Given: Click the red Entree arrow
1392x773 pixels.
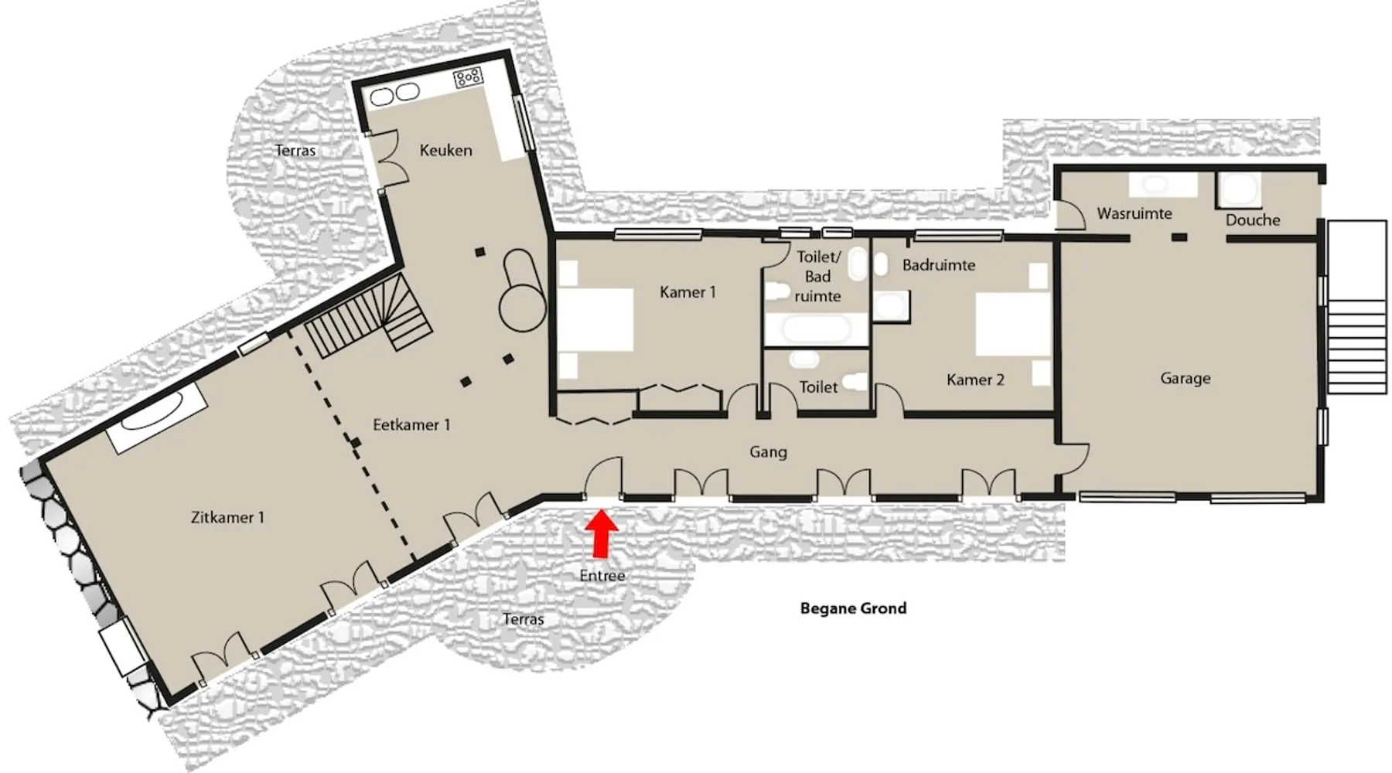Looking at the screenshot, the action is point(601,533).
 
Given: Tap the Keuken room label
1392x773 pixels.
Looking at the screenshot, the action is point(445,150).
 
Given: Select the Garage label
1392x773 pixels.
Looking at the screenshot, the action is point(1185,378).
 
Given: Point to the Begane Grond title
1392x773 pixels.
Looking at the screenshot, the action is point(853,608).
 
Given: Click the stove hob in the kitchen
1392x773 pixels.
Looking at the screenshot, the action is point(468,77).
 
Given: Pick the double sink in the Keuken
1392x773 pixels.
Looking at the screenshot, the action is point(394,94).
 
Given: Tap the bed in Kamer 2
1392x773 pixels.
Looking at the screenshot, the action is point(1012,323).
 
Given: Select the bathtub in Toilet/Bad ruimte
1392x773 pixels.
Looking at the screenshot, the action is point(816,329).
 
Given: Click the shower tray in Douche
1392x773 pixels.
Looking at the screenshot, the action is point(1239,189).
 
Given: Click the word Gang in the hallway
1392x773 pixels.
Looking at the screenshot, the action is point(768,452).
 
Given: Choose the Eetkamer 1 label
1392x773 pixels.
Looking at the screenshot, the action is point(411,424).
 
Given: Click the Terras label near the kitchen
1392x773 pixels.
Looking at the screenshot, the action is point(295,150).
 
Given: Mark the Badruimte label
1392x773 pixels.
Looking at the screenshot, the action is point(938,265).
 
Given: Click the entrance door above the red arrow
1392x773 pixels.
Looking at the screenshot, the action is point(602,476).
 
